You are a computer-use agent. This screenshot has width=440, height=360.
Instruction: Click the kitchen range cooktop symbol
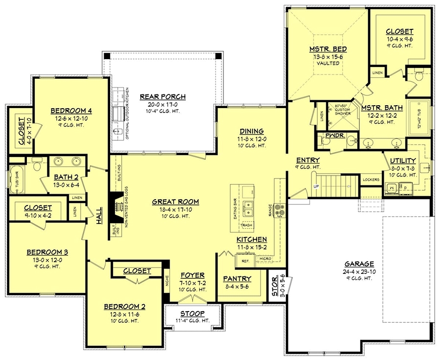(280, 210)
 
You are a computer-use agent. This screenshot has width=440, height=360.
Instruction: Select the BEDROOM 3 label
(47, 252)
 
